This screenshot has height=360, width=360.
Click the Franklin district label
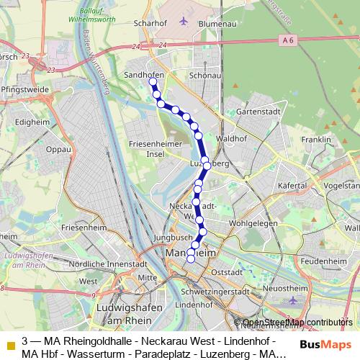[316, 140]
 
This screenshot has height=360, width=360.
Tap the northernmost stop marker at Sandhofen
[153, 82]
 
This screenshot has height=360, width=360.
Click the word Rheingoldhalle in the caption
[89, 340]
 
